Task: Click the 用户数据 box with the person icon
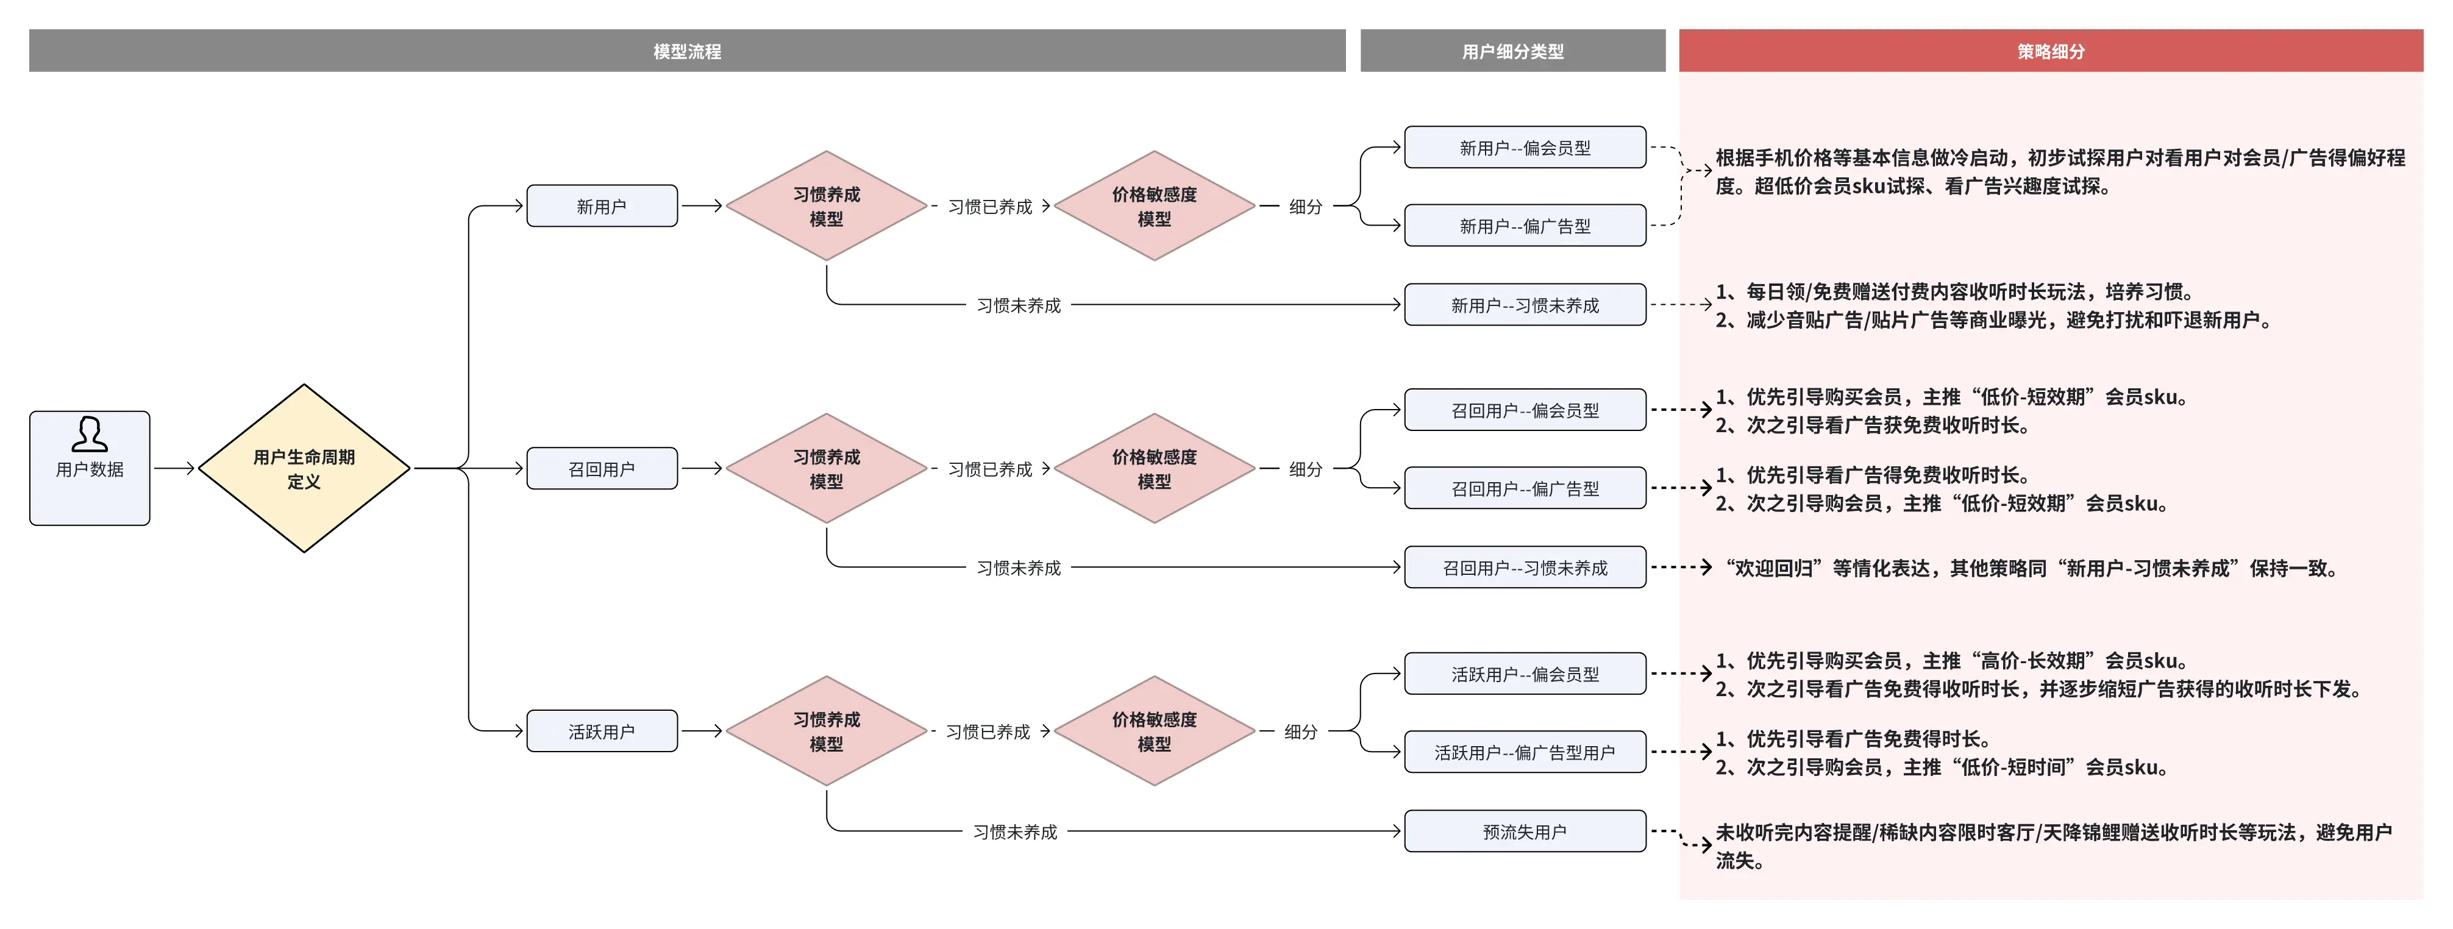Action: pos(90,468)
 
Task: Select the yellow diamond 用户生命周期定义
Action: pos(304,468)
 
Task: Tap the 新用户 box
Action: pos(602,205)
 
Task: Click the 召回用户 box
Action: pos(602,468)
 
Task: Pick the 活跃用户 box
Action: pos(602,731)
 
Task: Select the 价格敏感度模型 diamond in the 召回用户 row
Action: pos(1154,468)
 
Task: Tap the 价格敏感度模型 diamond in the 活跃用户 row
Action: pos(1154,731)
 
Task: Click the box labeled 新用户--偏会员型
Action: pos(1525,148)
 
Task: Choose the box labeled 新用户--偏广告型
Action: pos(1525,226)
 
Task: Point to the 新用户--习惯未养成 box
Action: pos(1525,305)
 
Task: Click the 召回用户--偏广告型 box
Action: pos(1525,488)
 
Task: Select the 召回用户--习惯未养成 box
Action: pos(1525,568)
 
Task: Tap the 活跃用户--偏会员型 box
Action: pos(1525,674)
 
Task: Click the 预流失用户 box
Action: pos(1525,831)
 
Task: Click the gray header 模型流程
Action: pos(686,51)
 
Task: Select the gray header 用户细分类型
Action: pos(1512,51)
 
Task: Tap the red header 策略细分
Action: pos(2050,51)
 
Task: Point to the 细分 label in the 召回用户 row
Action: pos(1306,468)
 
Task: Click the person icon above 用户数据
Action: pos(90,434)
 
